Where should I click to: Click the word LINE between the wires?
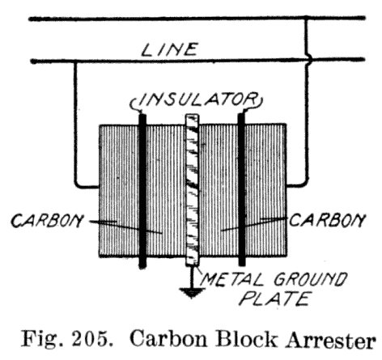pos(169,49)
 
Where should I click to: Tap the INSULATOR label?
pos(197,100)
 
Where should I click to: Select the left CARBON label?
pos(47,220)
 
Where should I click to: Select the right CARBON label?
pos(327,220)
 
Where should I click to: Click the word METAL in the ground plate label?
pos(232,279)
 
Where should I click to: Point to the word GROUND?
pos(310,279)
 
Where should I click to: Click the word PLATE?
pos(274,299)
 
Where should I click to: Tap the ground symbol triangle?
pos(192,293)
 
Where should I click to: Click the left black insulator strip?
pos(142,191)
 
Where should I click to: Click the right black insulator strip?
pos(242,189)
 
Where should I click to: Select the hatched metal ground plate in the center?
pos(192,190)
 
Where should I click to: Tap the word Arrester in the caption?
pos(331,339)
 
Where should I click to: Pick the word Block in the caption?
pos(247,338)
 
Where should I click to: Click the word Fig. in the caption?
pos(43,339)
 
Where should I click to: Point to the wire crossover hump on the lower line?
pos(309,59)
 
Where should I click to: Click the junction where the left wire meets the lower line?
pos(75,61)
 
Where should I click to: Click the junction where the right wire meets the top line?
pos(306,19)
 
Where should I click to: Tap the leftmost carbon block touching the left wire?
pos(119,190)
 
